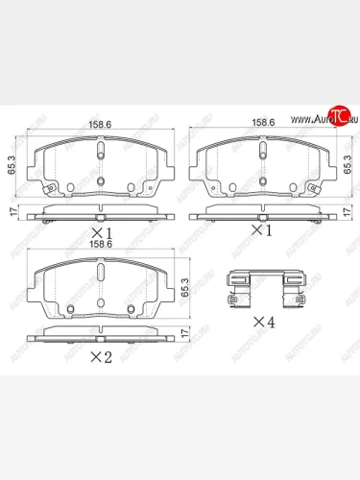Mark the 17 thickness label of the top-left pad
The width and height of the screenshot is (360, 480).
point(12,213)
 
